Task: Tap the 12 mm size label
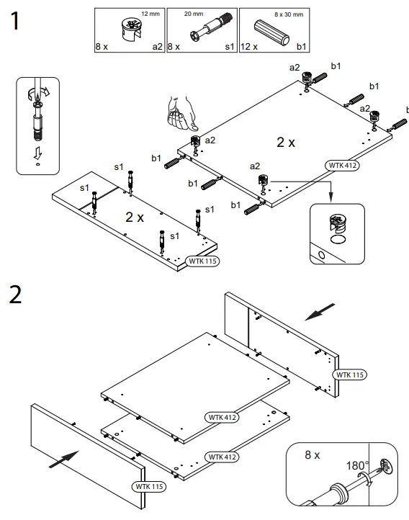151,14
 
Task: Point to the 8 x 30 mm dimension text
289,14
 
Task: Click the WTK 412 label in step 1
343,166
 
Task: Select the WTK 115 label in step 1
202,261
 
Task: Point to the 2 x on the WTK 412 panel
286,143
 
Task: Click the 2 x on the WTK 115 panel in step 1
135,216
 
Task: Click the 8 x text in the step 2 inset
313,454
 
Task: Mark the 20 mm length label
215,14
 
